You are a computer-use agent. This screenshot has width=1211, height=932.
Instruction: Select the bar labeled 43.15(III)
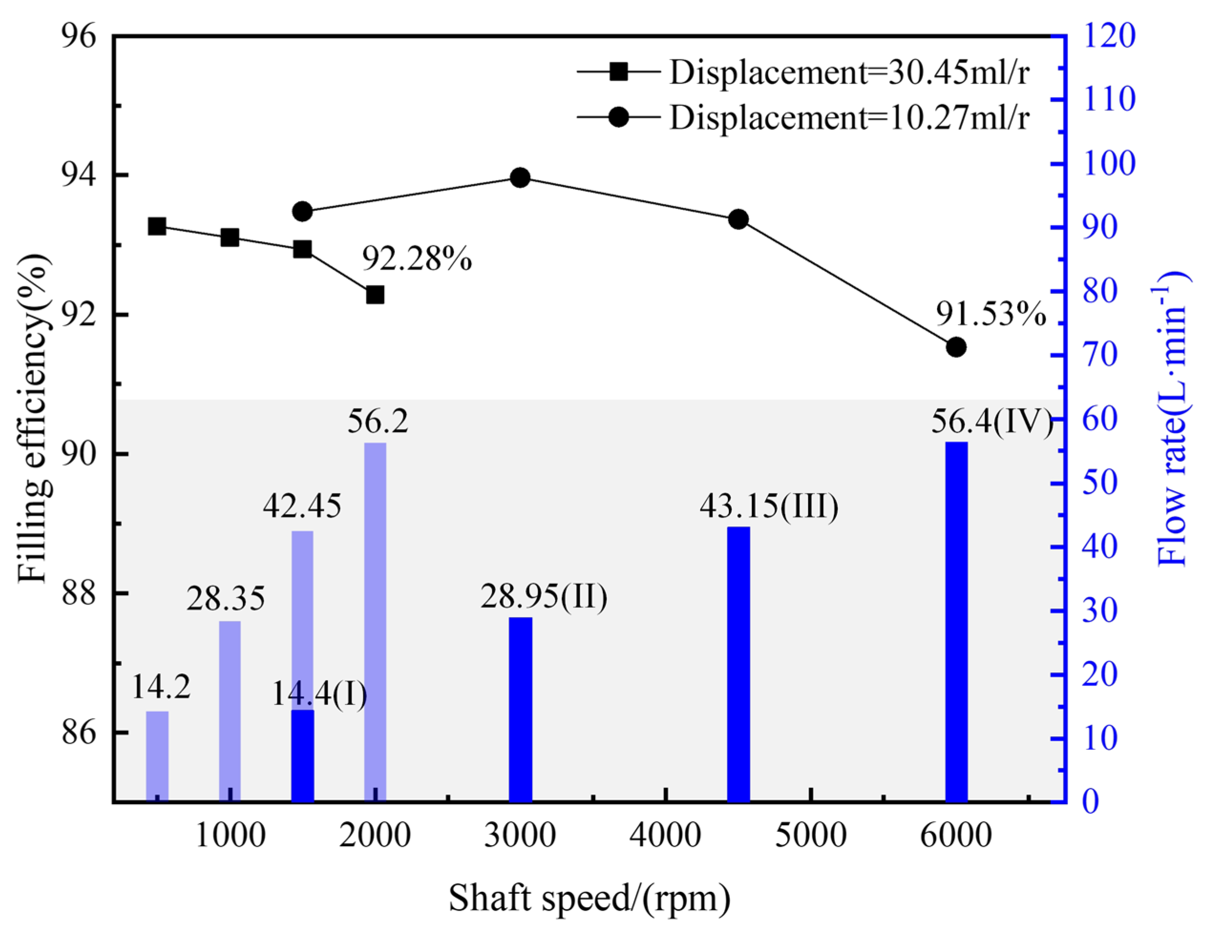coord(738,664)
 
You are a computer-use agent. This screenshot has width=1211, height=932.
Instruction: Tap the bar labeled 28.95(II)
coord(520,709)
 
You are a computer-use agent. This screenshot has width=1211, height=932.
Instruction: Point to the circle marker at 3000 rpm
coord(520,178)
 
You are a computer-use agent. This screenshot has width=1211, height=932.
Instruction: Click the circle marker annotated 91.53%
coord(956,347)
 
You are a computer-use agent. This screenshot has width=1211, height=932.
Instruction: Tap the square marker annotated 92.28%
coord(375,295)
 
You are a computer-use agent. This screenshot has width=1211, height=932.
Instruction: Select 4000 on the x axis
coord(665,836)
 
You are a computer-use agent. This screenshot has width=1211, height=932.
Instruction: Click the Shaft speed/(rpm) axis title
coord(589,898)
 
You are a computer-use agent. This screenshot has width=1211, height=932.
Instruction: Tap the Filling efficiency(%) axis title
coord(34,419)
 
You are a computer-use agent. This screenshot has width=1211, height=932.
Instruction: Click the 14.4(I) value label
coord(319,695)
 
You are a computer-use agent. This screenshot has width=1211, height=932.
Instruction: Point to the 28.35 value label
coord(226,598)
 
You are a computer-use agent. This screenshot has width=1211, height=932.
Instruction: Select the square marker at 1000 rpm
coord(230,238)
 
